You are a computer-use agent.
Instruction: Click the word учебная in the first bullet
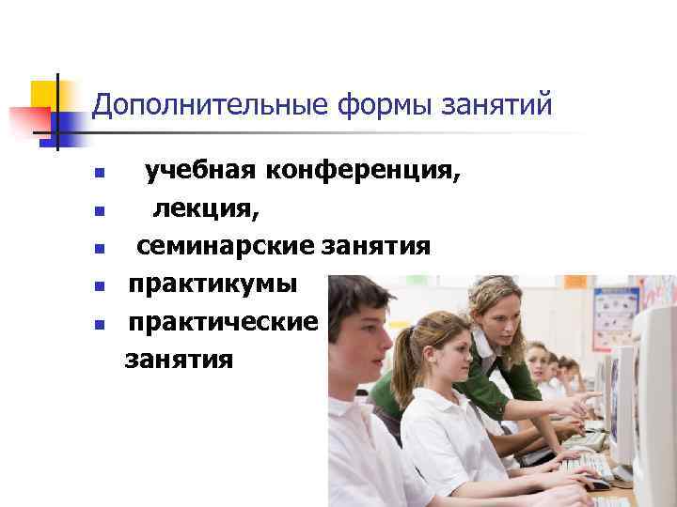click(x=200, y=172)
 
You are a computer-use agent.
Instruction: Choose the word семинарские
click(x=226, y=246)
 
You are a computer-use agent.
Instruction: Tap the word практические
click(x=224, y=321)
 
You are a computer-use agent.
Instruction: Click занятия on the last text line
click(x=179, y=358)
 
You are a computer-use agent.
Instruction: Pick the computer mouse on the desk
click(x=598, y=484)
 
